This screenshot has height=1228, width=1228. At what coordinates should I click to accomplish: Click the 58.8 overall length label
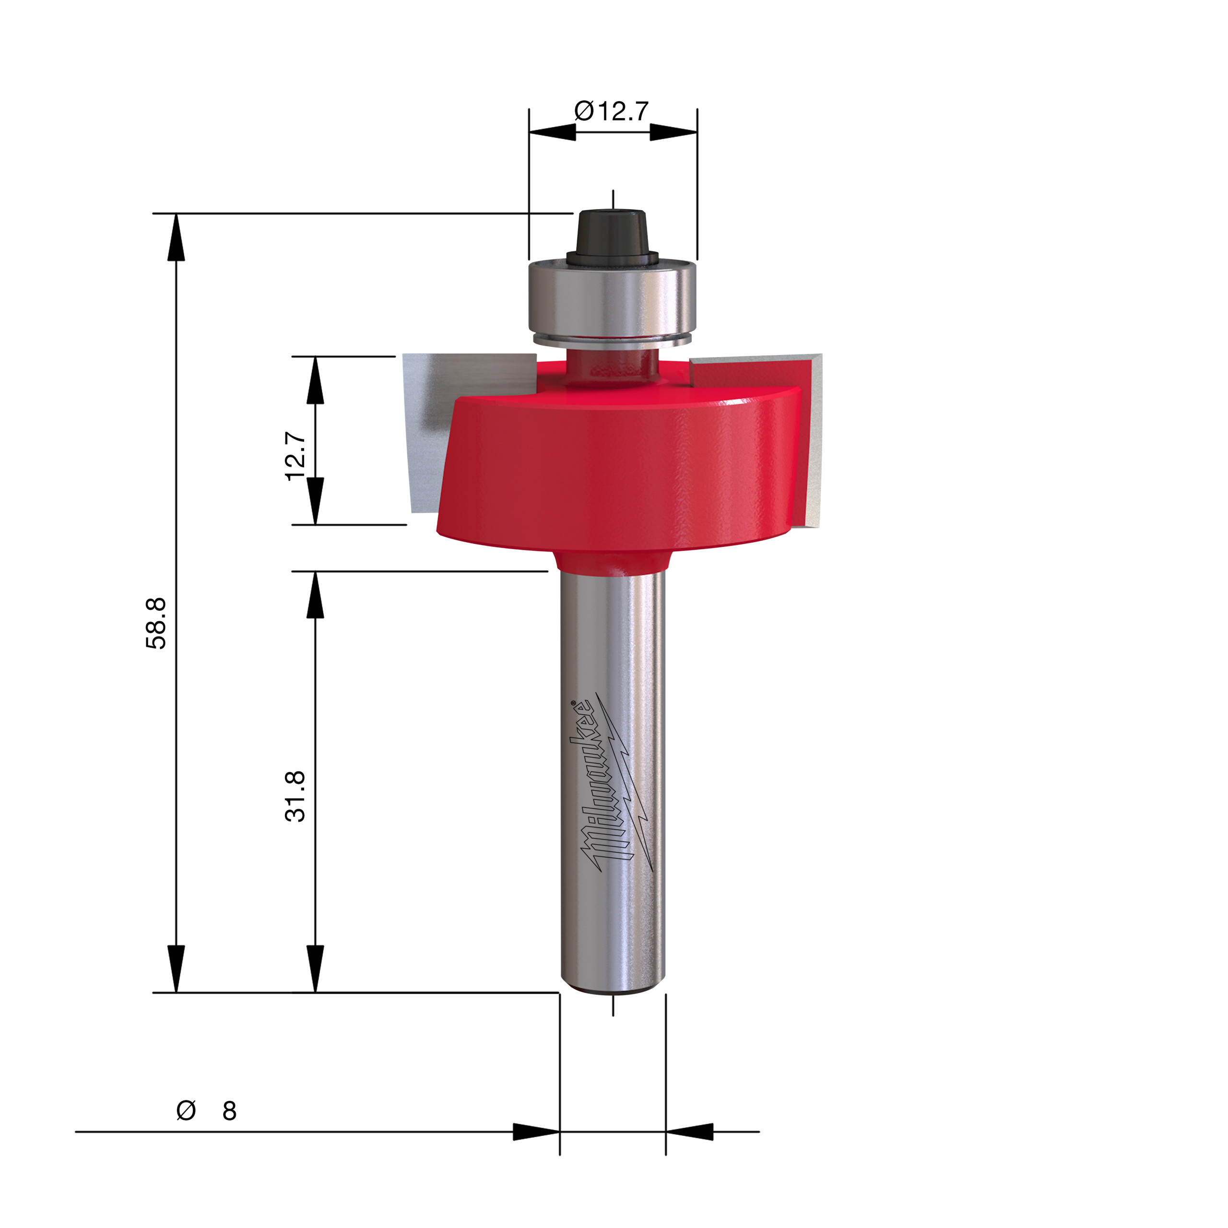tap(156, 623)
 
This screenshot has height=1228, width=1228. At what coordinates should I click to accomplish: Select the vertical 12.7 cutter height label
tap(296, 456)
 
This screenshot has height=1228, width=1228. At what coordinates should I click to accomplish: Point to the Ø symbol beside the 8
tap(186, 1111)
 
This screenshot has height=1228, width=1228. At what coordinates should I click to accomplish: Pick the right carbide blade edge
tap(814, 445)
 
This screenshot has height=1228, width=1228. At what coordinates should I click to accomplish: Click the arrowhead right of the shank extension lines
tap(690, 1132)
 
